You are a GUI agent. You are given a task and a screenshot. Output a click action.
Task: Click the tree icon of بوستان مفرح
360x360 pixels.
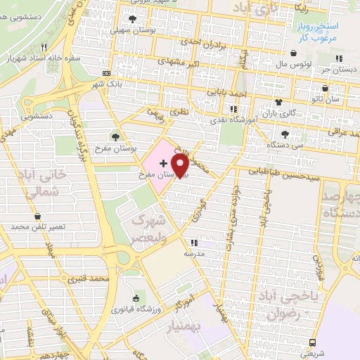coord(115,136)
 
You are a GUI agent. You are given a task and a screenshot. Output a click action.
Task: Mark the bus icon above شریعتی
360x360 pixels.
coord(312,342)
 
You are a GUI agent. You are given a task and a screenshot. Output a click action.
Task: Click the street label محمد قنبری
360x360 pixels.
coord(91,279)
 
